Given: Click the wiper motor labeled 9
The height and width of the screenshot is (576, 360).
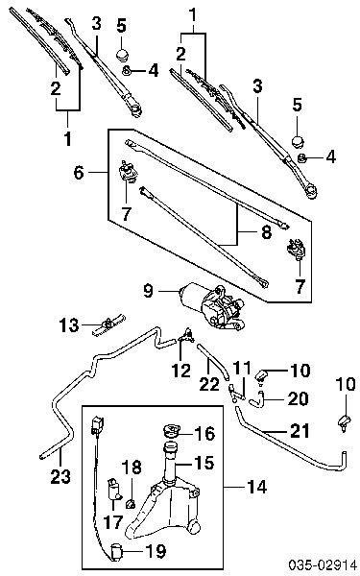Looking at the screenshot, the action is [x=213, y=305].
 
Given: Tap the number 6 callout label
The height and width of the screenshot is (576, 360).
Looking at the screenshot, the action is [x=79, y=172].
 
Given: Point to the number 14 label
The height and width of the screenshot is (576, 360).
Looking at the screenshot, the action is [x=256, y=487].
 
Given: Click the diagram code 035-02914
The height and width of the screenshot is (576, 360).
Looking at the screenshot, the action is [x=323, y=565].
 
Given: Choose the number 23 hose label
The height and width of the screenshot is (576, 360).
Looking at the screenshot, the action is [x=60, y=476].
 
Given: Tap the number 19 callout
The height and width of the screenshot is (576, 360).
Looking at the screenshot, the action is [x=156, y=551].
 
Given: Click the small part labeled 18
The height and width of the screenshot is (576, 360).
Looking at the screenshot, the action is [x=130, y=504].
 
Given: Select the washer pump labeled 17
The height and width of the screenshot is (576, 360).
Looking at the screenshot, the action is [x=113, y=490].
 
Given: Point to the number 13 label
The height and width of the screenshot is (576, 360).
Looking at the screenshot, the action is [x=69, y=325].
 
